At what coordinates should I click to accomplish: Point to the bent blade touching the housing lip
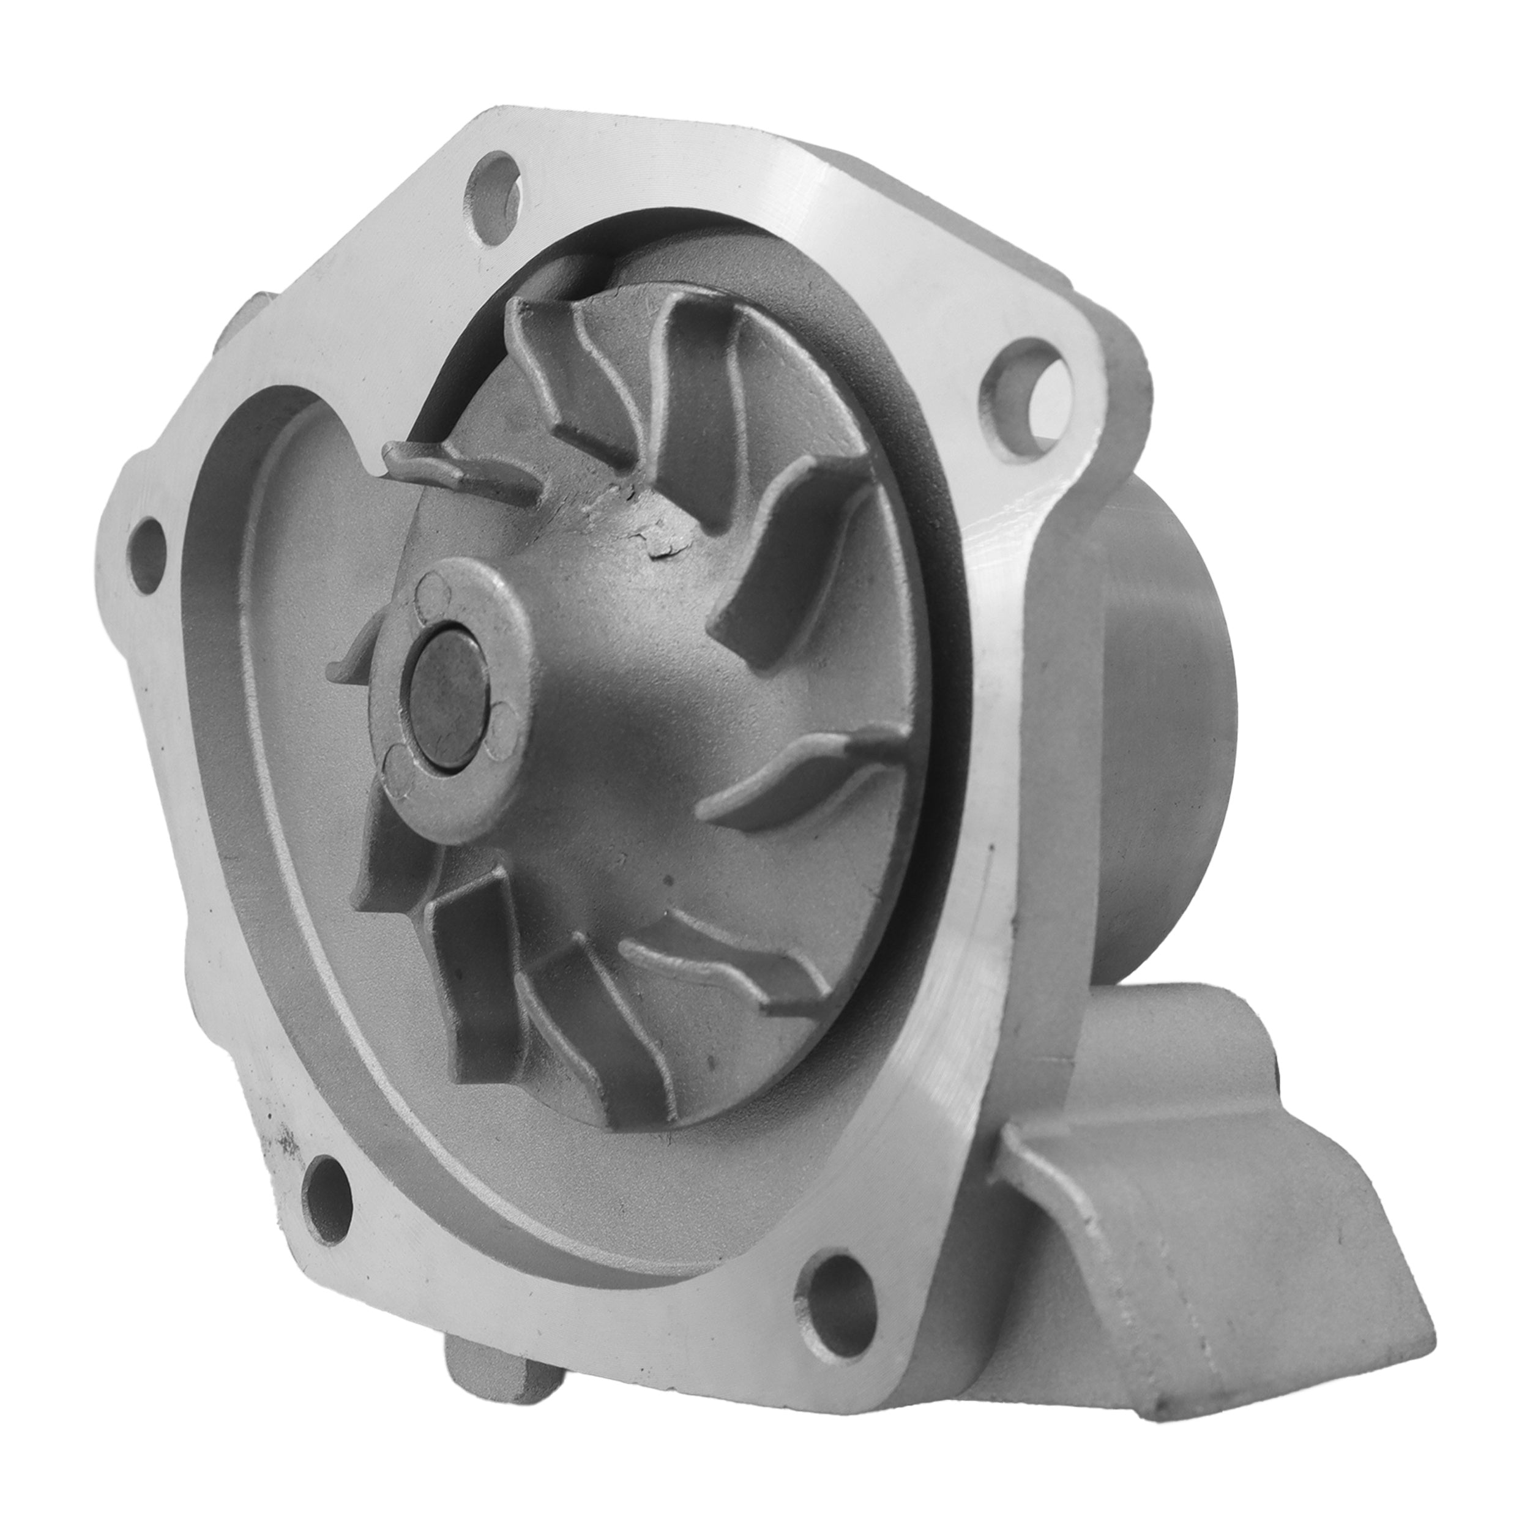coord(452,472)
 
